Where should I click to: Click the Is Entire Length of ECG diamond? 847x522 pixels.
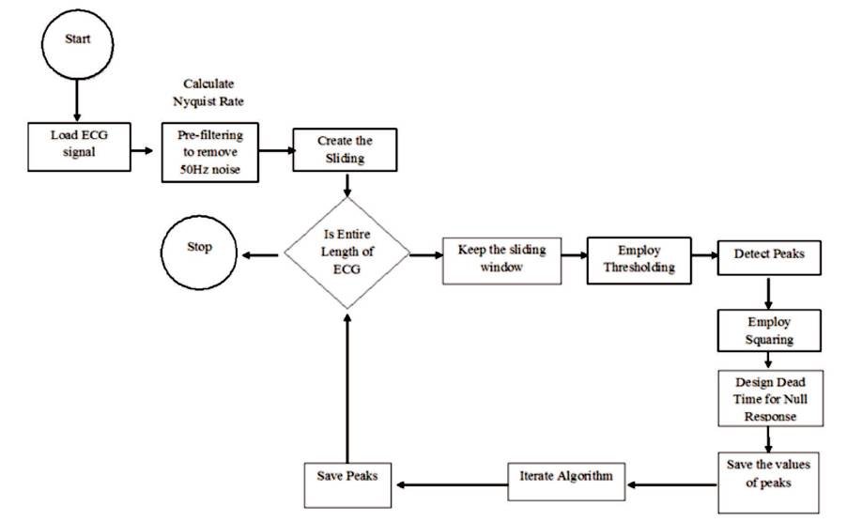point(347,254)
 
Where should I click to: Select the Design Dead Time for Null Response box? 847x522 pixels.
point(768,397)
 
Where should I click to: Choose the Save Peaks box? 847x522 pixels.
point(347,483)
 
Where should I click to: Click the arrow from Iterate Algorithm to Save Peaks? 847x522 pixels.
point(451,484)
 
